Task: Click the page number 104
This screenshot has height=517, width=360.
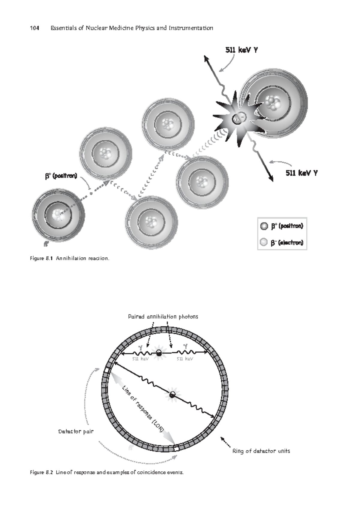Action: (34, 28)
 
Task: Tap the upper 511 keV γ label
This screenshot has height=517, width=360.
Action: (241, 50)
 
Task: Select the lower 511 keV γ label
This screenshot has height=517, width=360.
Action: (301, 173)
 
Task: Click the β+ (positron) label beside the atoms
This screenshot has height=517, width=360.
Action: (61, 176)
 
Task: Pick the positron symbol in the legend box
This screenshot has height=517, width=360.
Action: (264, 226)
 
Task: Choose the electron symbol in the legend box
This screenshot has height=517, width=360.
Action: (264, 242)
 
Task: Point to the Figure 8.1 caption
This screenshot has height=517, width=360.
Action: (70, 258)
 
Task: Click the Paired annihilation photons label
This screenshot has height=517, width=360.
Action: (163, 316)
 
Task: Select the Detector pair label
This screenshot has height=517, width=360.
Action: (76, 431)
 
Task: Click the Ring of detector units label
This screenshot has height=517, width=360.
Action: (261, 451)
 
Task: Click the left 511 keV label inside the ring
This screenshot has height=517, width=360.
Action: (140, 359)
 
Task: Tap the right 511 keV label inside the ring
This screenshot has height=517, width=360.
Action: (185, 359)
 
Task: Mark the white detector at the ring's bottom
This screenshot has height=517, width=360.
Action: (176, 449)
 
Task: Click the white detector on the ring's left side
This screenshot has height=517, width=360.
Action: (106, 370)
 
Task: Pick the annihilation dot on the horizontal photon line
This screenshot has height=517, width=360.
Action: (159, 353)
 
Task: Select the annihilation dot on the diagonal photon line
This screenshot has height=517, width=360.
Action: (172, 395)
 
